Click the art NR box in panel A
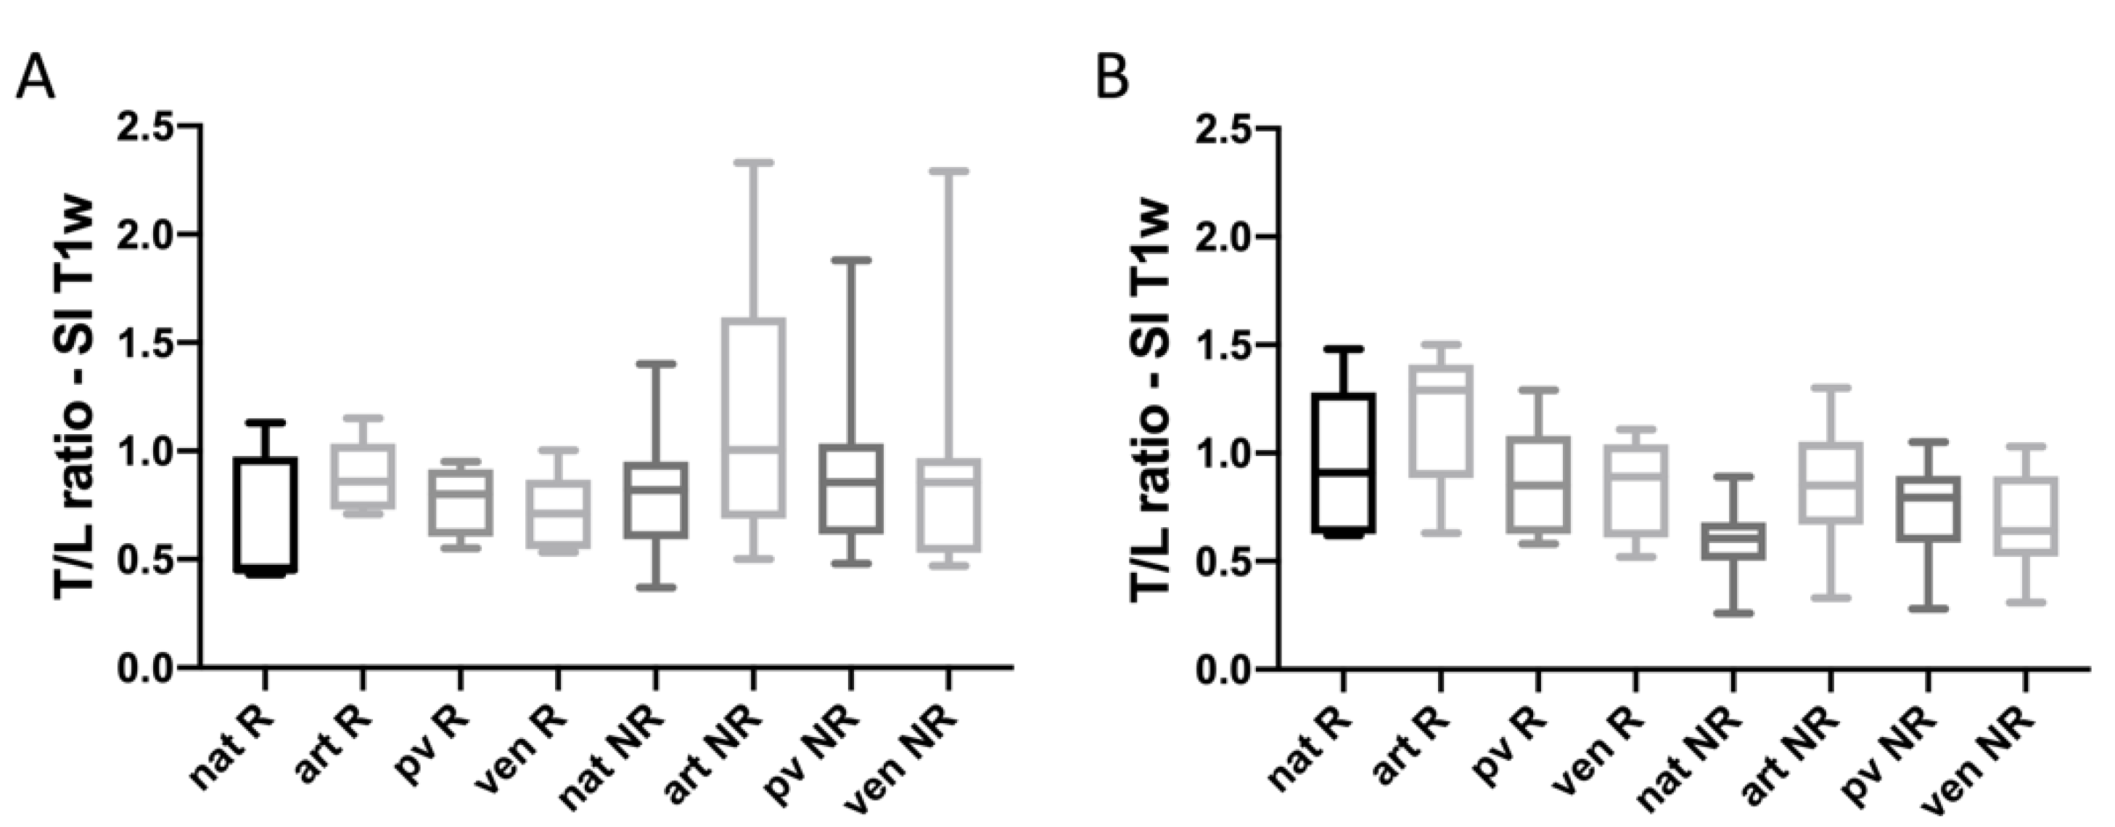(x=753, y=417)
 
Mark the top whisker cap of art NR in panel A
(x=753, y=163)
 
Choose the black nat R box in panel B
(x=1343, y=463)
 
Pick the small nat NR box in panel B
(x=1733, y=541)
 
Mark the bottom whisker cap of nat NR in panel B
(x=1733, y=613)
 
